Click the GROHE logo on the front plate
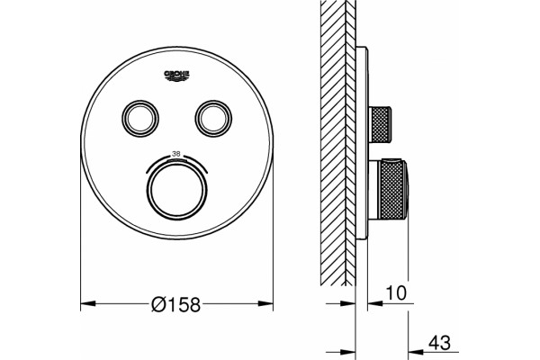pyautogui.click(x=176, y=76)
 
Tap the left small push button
pyautogui.click(x=140, y=119)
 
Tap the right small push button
pyautogui.click(x=213, y=119)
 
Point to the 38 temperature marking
pyautogui.click(x=176, y=154)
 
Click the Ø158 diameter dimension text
pyautogui.click(x=175, y=304)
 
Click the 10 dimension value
pyautogui.click(x=396, y=292)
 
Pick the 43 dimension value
pyautogui.click(x=439, y=343)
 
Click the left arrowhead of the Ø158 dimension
pyautogui.click(x=88, y=303)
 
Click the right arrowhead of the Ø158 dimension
pyautogui.click(x=265, y=303)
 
